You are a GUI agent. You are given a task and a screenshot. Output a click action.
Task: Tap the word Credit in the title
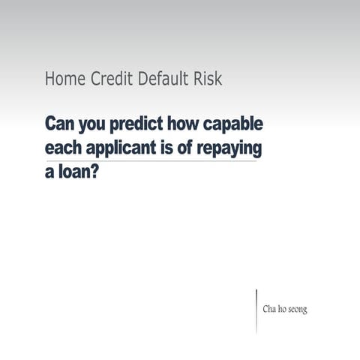pos(108,79)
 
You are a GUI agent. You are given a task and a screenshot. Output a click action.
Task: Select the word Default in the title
pos(162,79)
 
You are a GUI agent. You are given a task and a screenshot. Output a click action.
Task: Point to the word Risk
pos(207,79)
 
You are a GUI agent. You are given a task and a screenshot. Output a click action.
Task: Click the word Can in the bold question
pos(60,122)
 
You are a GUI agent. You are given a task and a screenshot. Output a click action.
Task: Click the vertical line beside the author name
pos(256,310)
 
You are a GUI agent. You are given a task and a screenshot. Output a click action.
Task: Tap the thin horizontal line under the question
pos(150,160)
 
